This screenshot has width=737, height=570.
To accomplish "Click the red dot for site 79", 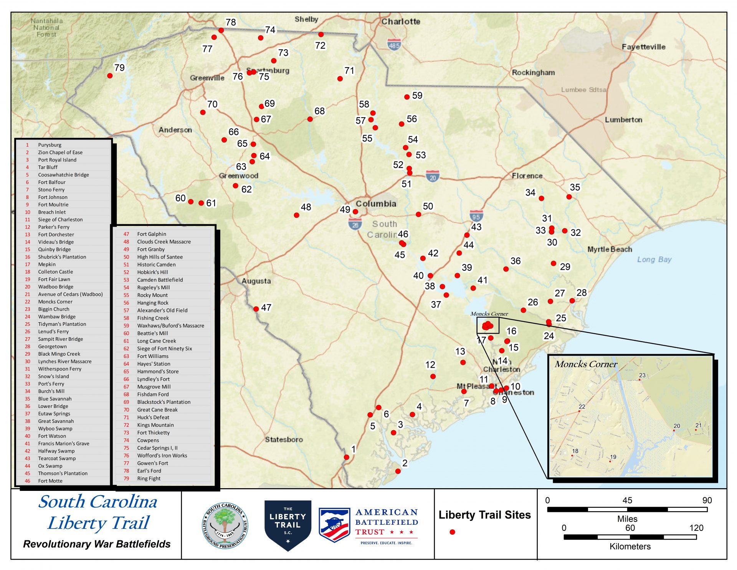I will click(x=110, y=76).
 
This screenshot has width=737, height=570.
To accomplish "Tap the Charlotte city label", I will click(x=400, y=22).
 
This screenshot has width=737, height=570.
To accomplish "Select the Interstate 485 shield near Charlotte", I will click(x=394, y=45).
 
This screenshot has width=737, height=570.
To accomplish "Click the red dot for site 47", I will click(x=256, y=309).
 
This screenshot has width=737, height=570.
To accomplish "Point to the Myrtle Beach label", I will click(x=610, y=249).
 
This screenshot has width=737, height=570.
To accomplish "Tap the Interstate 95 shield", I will click(x=476, y=216).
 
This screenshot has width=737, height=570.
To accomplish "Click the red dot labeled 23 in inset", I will click(x=640, y=380).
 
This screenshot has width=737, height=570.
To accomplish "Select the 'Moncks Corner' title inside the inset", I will click(x=586, y=364).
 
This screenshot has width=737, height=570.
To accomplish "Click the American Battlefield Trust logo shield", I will click(x=334, y=525).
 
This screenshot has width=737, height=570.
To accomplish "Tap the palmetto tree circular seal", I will click(x=225, y=525).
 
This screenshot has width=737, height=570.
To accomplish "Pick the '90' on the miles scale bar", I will click(x=707, y=500).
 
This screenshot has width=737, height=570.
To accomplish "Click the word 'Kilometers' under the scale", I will click(x=630, y=547).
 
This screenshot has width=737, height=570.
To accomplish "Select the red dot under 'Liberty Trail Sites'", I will click(x=452, y=532).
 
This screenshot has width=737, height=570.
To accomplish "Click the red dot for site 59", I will click(x=407, y=97).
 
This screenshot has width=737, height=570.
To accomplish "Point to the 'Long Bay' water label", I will click(x=654, y=260).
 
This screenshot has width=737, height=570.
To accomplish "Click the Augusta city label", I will click(x=256, y=281).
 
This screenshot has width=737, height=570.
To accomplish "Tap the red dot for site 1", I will click(x=347, y=457).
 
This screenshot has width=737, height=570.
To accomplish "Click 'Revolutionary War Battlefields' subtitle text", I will click(x=97, y=544).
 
